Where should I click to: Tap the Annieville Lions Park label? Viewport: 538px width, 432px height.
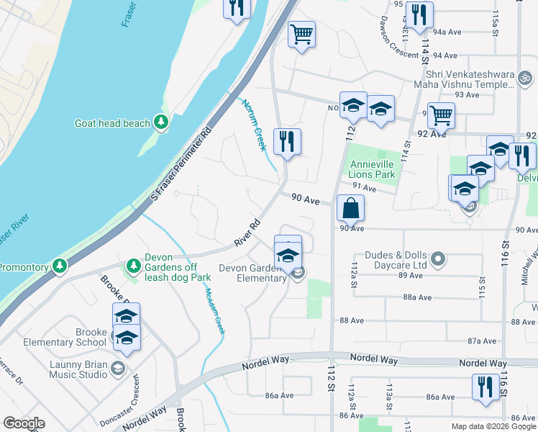(372, 169)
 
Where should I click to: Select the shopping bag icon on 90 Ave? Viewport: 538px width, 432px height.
(350, 208)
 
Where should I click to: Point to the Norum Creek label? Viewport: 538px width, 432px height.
(253, 124)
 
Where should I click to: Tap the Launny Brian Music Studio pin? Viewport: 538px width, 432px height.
(119, 369)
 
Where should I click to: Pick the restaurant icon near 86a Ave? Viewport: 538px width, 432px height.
(485, 387)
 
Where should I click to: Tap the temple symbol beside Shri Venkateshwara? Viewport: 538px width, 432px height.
(526, 76)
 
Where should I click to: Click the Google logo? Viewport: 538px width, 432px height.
(24, 423)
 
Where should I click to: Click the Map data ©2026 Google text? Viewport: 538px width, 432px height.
(493, 426)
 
